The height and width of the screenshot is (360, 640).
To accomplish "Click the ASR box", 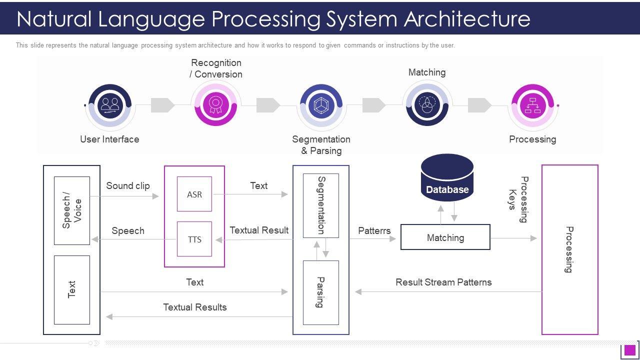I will (194, 194).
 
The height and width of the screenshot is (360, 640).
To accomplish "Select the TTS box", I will (194, 239).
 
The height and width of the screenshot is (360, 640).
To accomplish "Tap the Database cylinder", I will (447, 178).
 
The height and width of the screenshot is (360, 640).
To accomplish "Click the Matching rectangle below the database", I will (445, 237).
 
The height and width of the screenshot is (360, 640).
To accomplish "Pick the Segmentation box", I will (321, 205).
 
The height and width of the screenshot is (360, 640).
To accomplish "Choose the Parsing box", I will (321, 292).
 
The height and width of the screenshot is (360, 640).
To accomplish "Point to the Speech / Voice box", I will (72, 210).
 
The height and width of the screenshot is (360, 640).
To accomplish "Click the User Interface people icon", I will (109, 104).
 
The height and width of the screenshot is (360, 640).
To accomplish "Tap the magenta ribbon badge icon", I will (215, 104).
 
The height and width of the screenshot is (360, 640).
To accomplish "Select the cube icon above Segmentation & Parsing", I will (320, 105).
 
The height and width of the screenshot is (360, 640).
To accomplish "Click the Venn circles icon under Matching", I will (427, 104).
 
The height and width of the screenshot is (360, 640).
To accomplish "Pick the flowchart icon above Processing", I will (532, 105).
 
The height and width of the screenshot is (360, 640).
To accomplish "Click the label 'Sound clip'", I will (128, 185).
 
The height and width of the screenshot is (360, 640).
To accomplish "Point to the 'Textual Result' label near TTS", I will (259, 230).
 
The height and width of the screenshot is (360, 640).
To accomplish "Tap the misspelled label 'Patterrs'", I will (374, 230).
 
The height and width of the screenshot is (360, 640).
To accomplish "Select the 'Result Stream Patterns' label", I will (443, 282).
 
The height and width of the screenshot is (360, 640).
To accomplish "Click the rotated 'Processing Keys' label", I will (518, 199).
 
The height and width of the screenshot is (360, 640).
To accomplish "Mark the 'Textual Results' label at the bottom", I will (195, 307).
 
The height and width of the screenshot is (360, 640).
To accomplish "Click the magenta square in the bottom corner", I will (630, 349).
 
